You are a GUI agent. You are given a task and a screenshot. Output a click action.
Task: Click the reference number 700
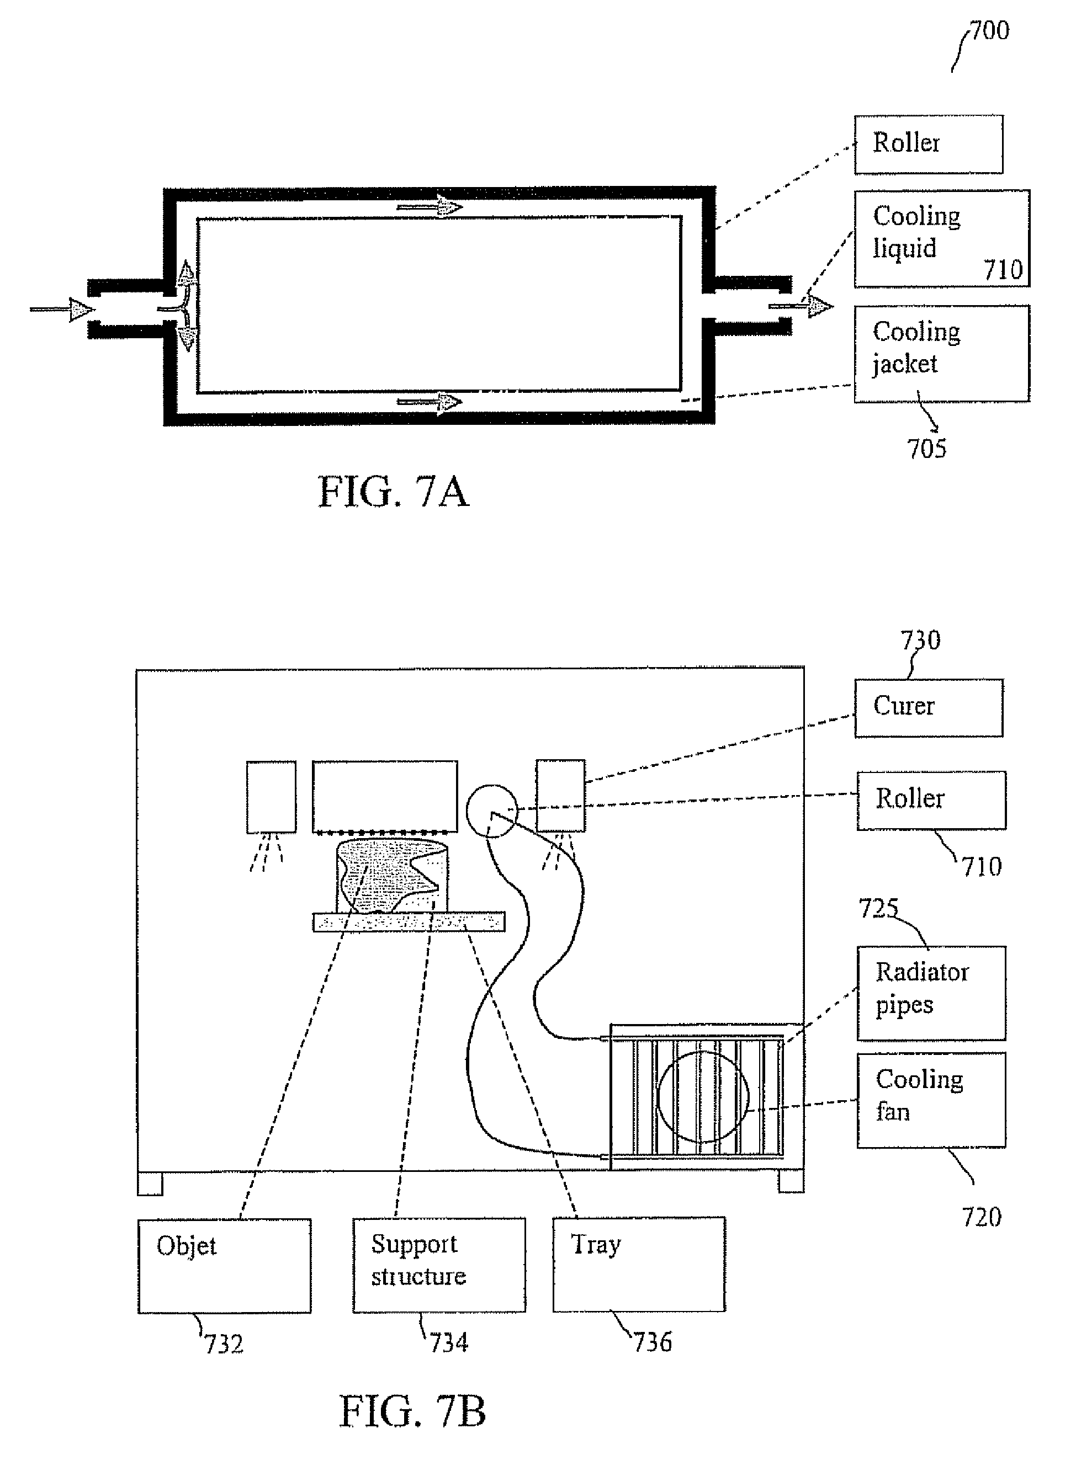tap(989, 30)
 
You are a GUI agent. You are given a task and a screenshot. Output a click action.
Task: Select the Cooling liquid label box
tap(941, 238)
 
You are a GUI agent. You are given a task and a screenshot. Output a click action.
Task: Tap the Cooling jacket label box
tap(941, 354)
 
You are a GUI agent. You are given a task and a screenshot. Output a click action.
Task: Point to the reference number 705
tap(926, 449)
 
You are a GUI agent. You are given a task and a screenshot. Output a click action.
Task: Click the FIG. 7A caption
tap(394, 492)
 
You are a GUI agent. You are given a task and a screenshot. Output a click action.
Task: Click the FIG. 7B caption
tap(412, 1411)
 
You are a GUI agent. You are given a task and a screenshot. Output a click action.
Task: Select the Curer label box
tap(928, 707)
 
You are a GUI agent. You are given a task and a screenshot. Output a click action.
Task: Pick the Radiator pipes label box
tap(931, 992)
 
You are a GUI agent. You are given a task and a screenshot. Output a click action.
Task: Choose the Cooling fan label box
tap(931, 1100)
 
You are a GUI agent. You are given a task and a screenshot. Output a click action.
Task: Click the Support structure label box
tap(439, 1264)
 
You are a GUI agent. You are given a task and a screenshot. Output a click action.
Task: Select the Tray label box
tap(638, 1264)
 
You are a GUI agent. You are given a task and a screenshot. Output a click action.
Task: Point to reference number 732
tap(224, 1344)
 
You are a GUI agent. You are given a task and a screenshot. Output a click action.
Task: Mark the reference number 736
tap(653, 1342)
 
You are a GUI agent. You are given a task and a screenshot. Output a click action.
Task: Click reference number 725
tap(878, 908)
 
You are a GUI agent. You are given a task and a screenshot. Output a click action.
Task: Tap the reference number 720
tap(982, 1217)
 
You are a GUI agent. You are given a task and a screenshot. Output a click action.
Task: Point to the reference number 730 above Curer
tap(920, 641)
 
